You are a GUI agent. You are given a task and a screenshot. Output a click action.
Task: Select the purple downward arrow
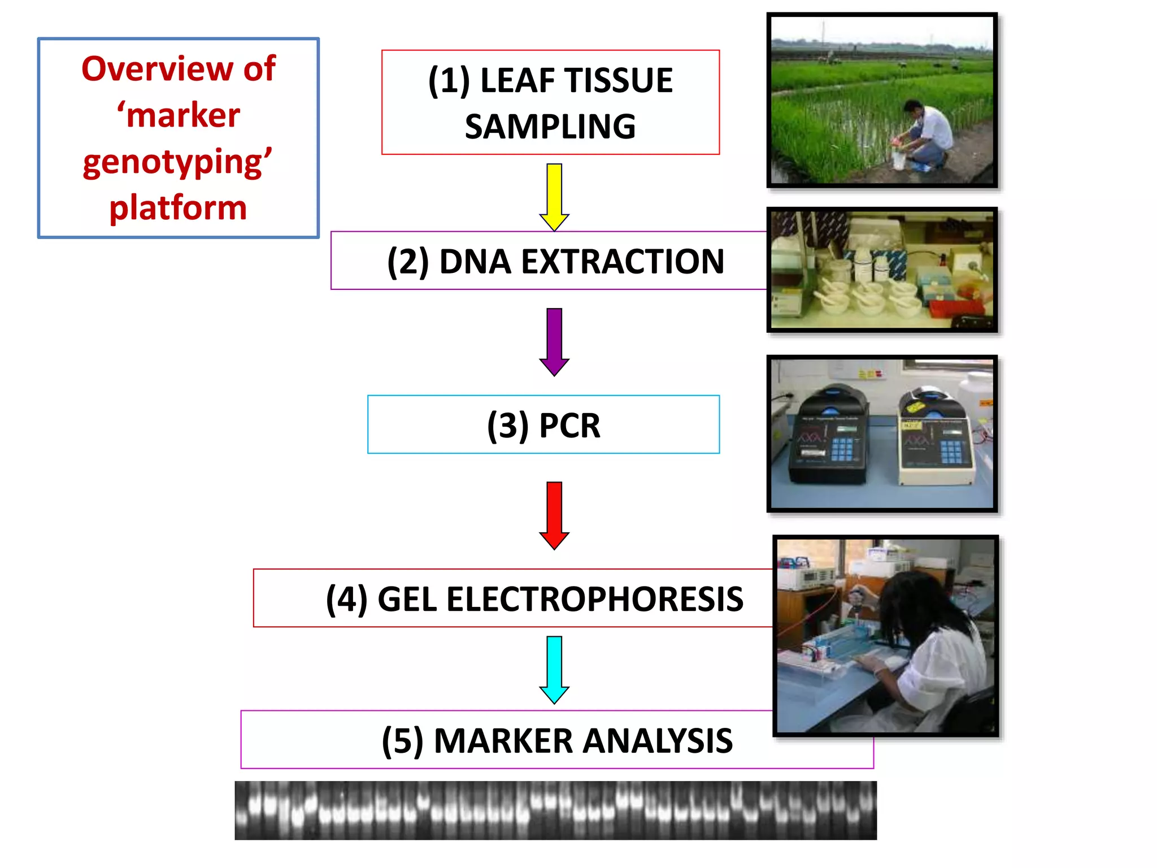coord(554,341)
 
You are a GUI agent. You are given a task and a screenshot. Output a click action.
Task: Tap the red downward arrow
coord(554,514)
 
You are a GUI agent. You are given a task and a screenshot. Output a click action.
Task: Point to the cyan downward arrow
coord(554,669)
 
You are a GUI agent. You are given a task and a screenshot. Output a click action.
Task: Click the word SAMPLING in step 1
coord(550,127)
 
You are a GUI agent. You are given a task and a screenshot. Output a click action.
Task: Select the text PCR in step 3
coord(569,426)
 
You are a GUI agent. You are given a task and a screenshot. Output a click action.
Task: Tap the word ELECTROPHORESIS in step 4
coord(595,600)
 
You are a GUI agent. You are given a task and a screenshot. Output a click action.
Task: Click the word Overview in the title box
coord(157,70)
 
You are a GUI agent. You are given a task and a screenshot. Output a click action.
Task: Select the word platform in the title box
coord(178,208)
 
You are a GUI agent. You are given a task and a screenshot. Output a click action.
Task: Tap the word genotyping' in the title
coord(177,162)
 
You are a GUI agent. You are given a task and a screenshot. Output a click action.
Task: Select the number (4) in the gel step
coord(346,600)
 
